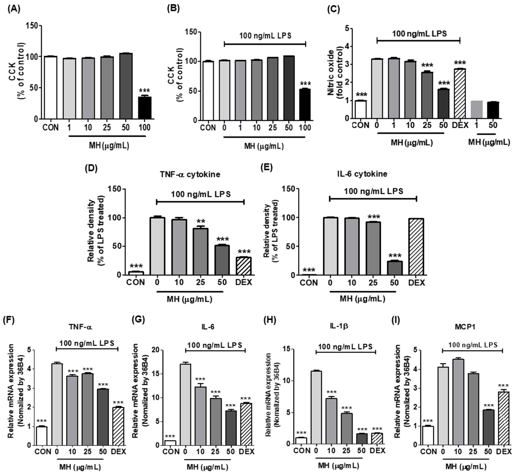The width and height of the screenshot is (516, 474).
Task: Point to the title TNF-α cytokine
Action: pos(190,174)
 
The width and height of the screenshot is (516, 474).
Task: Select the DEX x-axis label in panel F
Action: pos(118,451)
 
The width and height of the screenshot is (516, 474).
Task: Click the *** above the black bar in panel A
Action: pos(145,90)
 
